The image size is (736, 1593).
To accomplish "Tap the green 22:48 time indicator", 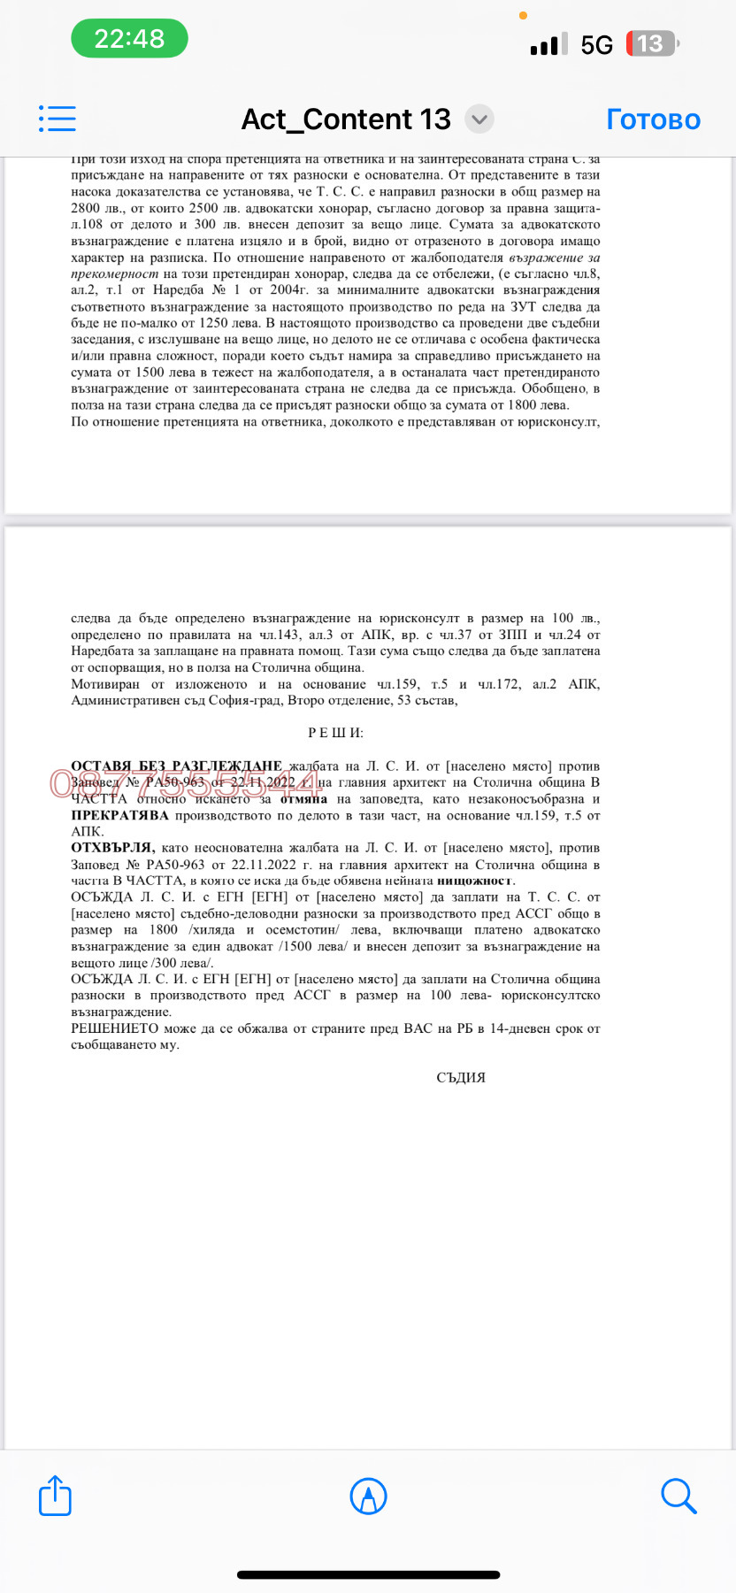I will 129,39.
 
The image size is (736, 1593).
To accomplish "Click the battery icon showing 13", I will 651,43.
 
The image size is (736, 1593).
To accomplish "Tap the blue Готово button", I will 653,119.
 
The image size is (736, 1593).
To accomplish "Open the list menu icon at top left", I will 57,119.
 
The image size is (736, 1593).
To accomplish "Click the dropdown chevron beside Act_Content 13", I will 479,119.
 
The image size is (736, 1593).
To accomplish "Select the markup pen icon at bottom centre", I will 368,1496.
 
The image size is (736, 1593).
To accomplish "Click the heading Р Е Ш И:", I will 335,733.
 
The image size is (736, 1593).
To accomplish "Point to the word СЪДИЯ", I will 461,1077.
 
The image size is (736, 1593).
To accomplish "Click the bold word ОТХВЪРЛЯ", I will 112,848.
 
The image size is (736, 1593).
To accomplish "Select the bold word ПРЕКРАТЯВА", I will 119,815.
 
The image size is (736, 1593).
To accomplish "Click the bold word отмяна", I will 303,798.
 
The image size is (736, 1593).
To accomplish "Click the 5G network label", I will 596,44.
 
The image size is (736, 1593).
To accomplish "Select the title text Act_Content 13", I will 346,119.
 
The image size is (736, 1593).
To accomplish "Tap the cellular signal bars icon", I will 548,44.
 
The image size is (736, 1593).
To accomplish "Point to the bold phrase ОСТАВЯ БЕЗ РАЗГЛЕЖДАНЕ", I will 176,766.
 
